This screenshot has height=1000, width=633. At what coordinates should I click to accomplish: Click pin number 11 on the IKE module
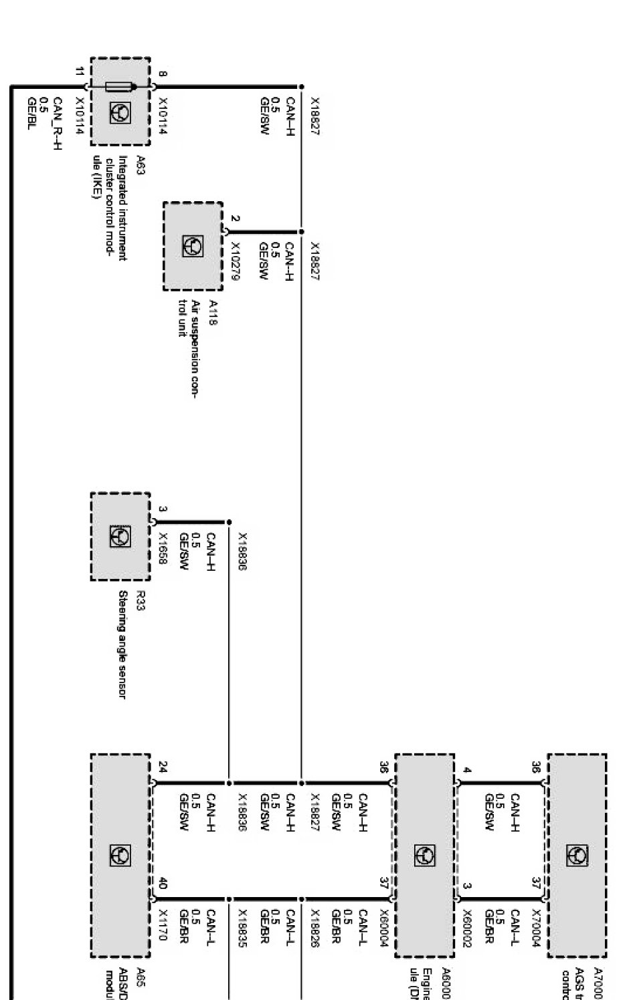click(80, 72)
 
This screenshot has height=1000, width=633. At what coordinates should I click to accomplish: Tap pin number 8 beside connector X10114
click(163, 74)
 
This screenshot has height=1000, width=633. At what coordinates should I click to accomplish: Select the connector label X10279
click(235, 259)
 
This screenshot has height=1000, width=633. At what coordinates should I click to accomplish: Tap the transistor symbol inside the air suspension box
click(193, 246)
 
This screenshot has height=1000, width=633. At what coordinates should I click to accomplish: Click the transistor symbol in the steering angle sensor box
click(120, 537)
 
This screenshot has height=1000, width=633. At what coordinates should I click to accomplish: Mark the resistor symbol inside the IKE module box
click(120, 87)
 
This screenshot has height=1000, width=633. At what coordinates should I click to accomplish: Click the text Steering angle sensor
click(122, 645)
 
